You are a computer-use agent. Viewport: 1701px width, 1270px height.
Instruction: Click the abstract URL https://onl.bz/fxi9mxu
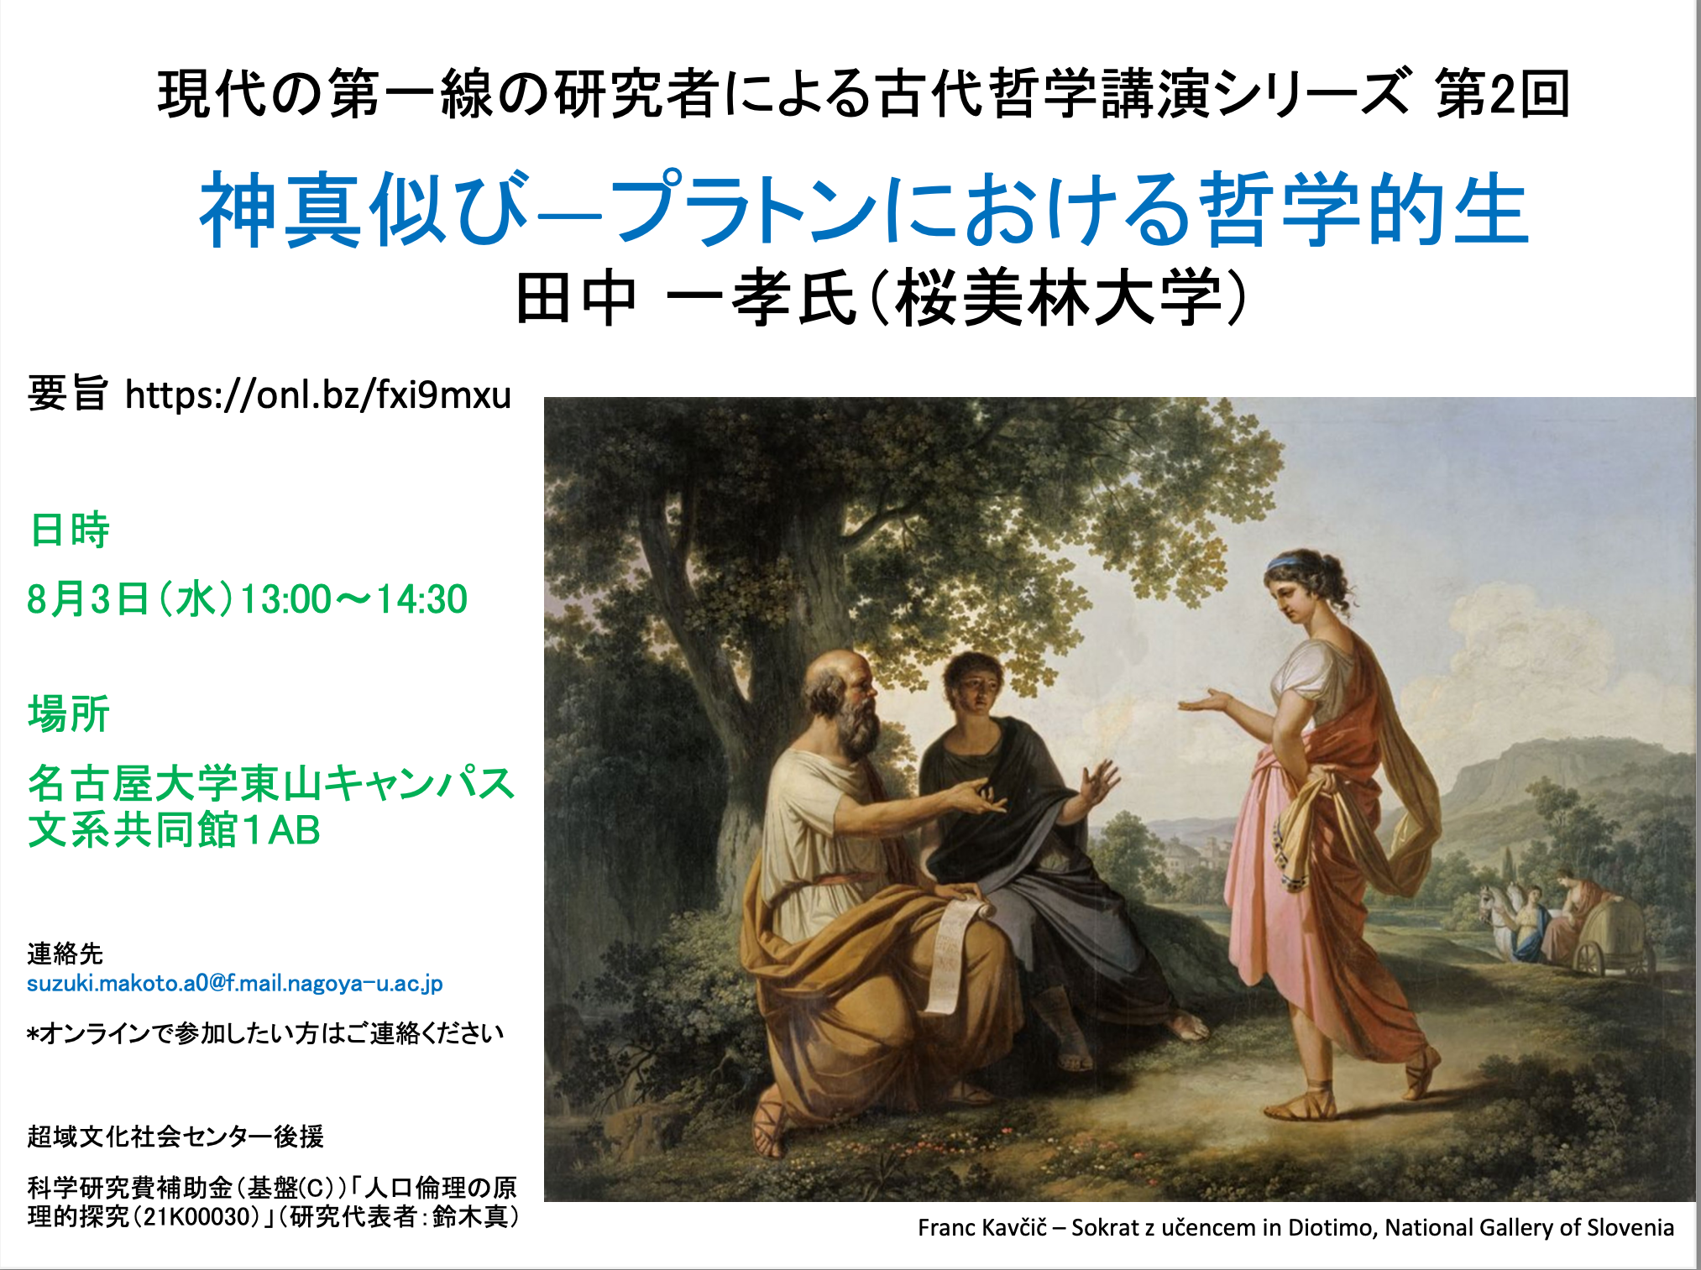tap(318, 395)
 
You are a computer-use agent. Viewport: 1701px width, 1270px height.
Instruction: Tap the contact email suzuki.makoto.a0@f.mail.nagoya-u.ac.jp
tap(235, 983)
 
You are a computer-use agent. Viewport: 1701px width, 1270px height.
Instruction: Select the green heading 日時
tap(69, 530)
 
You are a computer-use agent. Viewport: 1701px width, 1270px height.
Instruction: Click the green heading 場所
tap(69, 714)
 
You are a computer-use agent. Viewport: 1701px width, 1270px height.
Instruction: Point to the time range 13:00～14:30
tap(353, 599)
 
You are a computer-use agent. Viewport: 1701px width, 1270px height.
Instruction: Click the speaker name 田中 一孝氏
tap(685, 299)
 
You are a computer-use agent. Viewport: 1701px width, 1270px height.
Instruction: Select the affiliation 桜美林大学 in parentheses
tap(1057, 299)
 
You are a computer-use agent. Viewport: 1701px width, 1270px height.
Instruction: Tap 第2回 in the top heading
tap(1502, 93)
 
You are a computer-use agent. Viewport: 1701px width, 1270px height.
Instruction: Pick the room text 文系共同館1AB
tap(174, 830)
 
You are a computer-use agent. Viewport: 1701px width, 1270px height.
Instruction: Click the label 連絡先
tap(65, 954)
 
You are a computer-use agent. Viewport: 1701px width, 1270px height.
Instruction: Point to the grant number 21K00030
tap(201, 1217)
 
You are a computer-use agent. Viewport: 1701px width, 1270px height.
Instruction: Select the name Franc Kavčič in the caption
tap(982, 1228)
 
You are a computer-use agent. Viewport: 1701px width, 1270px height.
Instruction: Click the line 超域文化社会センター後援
tap(175, 1137)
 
